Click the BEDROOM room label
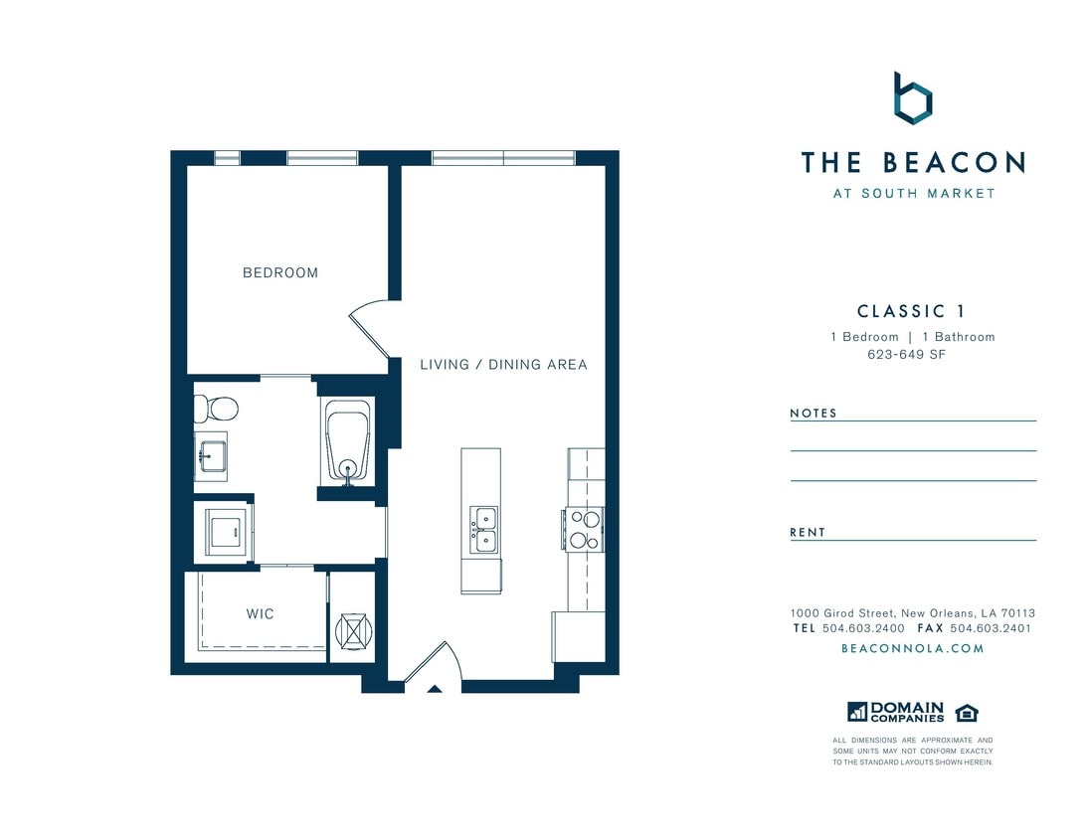point(280,272)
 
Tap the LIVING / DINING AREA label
point(503,365)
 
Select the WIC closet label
point(260,613)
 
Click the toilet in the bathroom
point(216,408)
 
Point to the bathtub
point(347,442)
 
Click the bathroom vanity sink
point(211,457)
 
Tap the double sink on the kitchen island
point(484,529)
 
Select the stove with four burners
point(583,529)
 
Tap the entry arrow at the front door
point(434,687)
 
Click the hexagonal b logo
point(912,99)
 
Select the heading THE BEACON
point(912,162)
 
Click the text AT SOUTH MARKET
point(913,194)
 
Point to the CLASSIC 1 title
point(912,311)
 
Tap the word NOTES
point(814,413)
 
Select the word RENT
point(808,532)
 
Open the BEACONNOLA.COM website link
point(912,648)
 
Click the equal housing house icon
point(966,712)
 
